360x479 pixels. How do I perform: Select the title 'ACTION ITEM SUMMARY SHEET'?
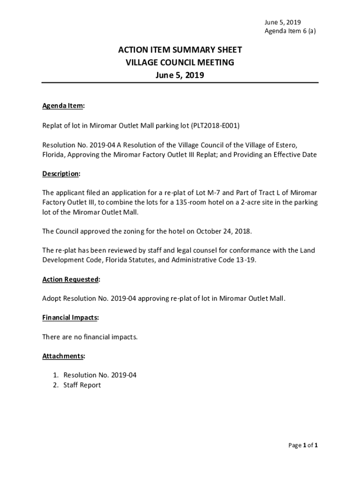(180, 51)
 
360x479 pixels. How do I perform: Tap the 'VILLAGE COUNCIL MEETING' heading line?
(180, 63)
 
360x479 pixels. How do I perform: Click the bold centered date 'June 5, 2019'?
(180, 75)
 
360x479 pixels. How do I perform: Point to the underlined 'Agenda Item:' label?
(64, 106)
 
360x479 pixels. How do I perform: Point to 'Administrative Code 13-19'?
(213, 260)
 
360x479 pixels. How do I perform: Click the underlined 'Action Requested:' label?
(71, 279)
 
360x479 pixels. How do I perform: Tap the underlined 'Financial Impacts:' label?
(71, 318)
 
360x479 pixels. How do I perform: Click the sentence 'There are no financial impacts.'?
(90, 337)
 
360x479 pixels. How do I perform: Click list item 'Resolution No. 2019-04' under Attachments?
(100, 375)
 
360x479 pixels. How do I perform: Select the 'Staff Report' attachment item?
(82, 385)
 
